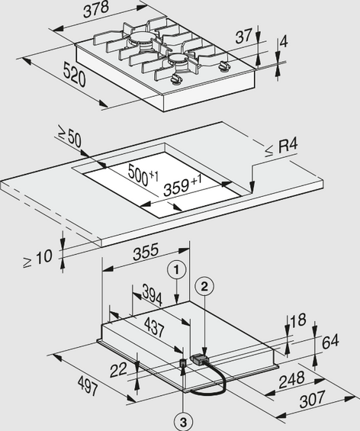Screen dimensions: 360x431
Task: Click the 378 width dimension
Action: coord(96,10)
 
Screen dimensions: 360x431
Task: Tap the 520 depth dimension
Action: coord(74,74)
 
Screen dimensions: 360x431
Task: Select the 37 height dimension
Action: coord(243,36)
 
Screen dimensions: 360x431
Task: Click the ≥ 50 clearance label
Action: coord(70,137)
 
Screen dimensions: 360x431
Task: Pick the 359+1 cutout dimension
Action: coord(182,186)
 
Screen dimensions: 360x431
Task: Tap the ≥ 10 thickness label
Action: coord(37,259)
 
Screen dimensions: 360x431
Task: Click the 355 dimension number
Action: coord(146,251)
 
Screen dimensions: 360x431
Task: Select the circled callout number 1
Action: coord(176,269)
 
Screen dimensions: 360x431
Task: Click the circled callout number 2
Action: coord(204,287)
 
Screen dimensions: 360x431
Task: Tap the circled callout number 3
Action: coord(183,422)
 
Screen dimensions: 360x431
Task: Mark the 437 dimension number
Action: coord(154,327)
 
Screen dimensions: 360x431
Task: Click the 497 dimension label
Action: coord(88,386)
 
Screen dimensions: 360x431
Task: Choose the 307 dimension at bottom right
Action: coord(313,399)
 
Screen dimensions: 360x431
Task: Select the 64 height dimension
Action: coord(330,342)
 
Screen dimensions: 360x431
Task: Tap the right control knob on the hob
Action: coord(223,66)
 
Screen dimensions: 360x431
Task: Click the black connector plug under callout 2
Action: coord(200,359)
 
